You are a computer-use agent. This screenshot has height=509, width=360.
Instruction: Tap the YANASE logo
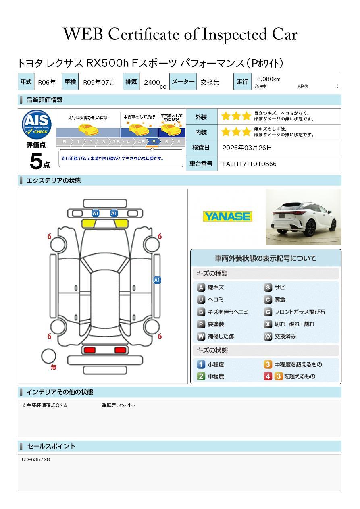coord(227,217)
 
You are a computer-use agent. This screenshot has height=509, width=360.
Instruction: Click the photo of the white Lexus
coord(303,217)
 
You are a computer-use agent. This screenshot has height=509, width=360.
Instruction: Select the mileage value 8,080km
coord(268,79)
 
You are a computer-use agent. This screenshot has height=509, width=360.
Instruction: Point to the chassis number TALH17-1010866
coord(249,164)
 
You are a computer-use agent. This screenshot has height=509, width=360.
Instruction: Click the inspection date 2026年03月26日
coord(247,148)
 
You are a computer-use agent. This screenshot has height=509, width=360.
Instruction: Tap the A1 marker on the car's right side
coord(157,280)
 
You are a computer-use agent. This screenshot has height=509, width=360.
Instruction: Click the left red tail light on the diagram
coord(89,350)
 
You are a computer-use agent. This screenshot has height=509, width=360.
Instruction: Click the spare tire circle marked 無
coord(49,356)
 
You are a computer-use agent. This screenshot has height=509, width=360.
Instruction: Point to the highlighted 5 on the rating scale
coord(154,142)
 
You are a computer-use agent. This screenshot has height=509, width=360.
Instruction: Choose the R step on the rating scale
coord(64,142)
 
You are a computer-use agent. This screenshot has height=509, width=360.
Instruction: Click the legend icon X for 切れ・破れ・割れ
coord(268,324)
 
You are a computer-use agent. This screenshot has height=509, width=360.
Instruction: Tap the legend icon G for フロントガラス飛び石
coord(268,312)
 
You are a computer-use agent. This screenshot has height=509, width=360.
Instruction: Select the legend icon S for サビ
coord(268,288)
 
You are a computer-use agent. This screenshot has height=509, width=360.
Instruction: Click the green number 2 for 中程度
coord(201,376)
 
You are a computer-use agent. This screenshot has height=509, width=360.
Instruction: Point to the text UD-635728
coord(36,459)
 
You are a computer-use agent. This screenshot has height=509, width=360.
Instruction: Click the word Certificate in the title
coord(152,35)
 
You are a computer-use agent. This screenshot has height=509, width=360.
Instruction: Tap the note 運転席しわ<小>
coord(118,405)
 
